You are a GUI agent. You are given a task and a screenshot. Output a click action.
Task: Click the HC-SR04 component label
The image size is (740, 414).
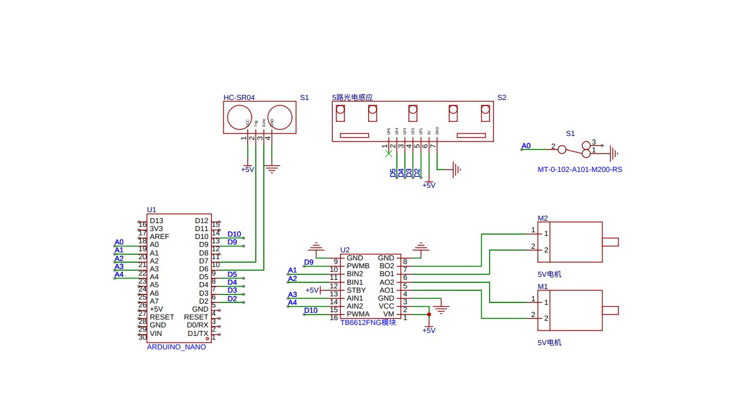tap(239, 97)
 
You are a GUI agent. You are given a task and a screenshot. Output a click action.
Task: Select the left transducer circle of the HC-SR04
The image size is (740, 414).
tap(238, 116)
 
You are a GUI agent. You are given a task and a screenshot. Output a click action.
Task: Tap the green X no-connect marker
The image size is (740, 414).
tap(388, 154)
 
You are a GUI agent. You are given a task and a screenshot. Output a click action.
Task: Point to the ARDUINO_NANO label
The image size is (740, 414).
tap(176, 346)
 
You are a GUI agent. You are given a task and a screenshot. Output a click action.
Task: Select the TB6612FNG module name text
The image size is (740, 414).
tap(368, 323)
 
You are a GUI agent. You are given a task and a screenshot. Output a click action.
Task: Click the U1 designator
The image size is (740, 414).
tap(151, 209)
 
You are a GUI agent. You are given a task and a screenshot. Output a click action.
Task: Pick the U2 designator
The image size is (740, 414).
tap(344, 250)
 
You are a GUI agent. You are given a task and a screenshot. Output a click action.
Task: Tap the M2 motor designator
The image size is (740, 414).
tap(542, 218)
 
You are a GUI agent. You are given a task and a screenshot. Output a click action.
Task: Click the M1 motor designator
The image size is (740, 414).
tap(542, 286)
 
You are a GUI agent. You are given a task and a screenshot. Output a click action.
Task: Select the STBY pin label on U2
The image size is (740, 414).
tap(356, 290)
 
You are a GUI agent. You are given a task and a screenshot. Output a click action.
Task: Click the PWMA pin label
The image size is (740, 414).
tap(358, 314)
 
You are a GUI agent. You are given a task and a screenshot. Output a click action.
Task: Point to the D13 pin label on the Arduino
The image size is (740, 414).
tap(156, 221)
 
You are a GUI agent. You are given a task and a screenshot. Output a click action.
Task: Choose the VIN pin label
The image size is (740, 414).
tap(156, 334)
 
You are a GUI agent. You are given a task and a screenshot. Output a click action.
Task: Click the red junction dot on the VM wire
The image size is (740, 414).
tap(429, 315)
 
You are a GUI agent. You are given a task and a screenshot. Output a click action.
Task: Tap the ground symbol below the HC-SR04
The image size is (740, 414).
tap(272, 167)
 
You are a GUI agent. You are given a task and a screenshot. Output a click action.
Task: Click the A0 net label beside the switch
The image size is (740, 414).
tap(526, 146)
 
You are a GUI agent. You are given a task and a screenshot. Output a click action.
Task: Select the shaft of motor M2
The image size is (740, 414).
tap(610, 242)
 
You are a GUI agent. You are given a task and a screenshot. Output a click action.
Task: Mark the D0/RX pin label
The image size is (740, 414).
tap(198, 325)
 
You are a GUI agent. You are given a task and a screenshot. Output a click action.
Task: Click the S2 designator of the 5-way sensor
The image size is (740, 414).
tap(501, 97)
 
